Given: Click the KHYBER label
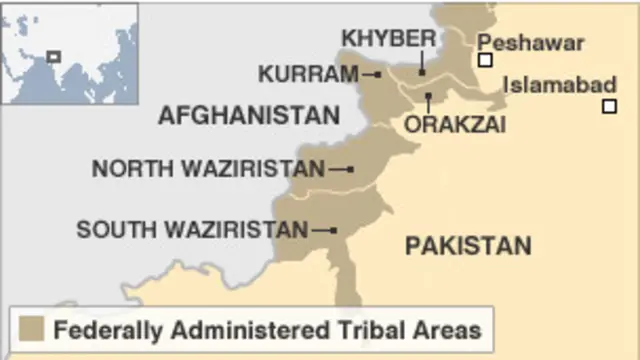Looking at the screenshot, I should click(389, 38).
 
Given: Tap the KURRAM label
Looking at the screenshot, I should click(308, 74).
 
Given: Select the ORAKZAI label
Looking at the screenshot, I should click(455, 124).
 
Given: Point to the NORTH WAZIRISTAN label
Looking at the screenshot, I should click(208, 169).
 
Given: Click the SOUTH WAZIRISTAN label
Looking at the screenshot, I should click(192, 230).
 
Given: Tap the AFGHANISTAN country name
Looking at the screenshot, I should click(249, 116).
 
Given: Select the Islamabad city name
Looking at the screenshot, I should click(559, 85).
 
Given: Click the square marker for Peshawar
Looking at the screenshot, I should click(485, 60).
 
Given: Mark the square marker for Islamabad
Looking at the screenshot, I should click(609, 106).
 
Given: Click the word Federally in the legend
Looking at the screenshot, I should click(104, 329).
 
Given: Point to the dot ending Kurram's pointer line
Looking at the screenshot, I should click(379, 75).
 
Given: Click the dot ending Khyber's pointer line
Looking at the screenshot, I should click(422, 71).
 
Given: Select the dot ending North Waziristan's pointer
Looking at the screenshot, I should click(350, 170).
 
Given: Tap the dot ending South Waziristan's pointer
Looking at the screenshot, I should click(333, 231).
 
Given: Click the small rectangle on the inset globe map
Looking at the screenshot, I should click(53, 57).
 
